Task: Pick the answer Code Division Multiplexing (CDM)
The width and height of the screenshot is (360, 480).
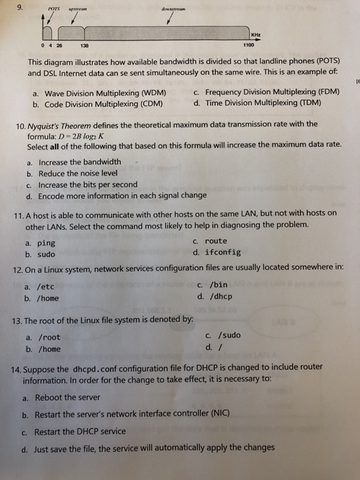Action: [103, 104]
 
